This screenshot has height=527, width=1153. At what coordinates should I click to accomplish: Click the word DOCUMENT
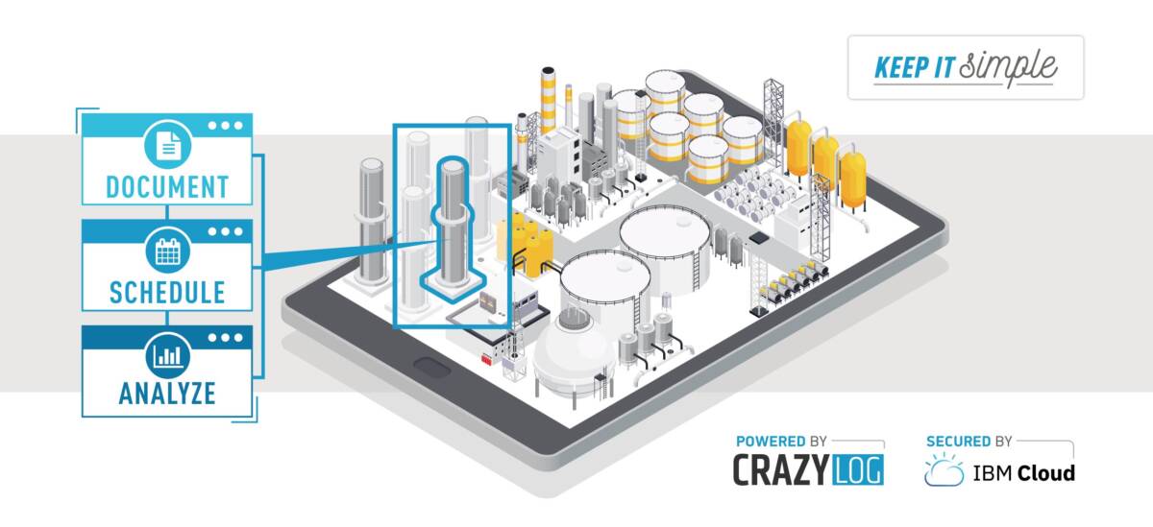coord(167,187)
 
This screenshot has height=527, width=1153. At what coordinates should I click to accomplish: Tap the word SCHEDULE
coord(167,293)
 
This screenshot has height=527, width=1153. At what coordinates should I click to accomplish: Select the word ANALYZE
coord(167,394)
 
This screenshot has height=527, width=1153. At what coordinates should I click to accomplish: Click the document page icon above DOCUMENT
coord(168,145)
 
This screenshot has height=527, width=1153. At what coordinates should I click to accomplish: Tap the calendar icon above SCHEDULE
coord(168,252)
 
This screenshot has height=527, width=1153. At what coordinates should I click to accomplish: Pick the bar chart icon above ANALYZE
coord(168,356)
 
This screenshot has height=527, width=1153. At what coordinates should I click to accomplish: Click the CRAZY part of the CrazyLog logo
coord(780,469)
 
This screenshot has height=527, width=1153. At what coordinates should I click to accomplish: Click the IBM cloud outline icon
coord(944,470)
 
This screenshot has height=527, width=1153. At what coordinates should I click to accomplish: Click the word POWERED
coord(771,442)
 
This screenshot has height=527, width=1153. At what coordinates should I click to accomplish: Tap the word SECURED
coord(958,442)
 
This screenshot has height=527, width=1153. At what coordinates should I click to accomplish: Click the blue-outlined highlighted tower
coord(453,228)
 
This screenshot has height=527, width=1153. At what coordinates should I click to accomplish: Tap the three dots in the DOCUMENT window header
coord(225,125)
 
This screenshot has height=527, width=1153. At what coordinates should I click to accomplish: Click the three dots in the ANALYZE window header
coord(225,338)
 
